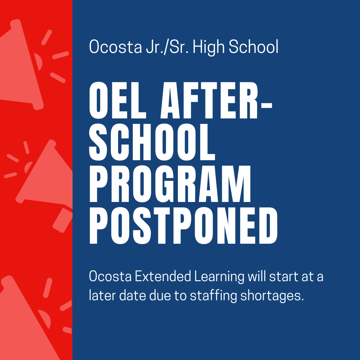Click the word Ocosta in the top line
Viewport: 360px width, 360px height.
pos(116,46)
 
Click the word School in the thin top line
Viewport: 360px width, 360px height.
pos(253,46)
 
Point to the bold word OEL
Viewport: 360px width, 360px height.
pos(118,100)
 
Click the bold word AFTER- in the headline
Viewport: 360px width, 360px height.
pos(216,100)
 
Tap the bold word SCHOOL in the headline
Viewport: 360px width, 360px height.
pos(152,142)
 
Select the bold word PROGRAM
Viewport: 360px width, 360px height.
pos(170,184)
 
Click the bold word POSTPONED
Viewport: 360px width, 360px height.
pos(183,225)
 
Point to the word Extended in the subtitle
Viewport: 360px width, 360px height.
pos(163,276)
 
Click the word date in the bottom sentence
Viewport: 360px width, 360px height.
pos(132,296)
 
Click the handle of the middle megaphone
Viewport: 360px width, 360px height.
pos(62,220)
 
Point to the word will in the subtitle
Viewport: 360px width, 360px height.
pos(257,276)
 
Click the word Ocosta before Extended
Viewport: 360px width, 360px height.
pos(110,276)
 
